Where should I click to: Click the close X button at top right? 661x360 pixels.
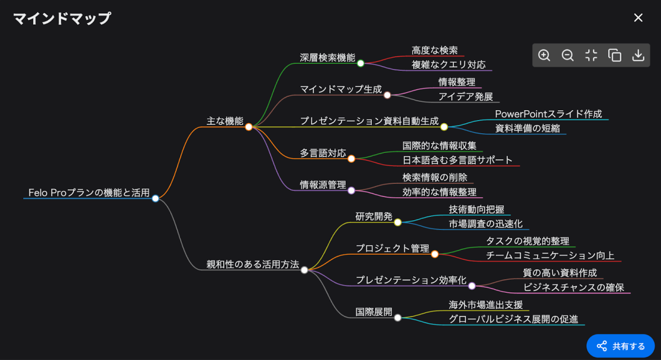tap(638, 18)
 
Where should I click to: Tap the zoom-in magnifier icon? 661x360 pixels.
tap(544, 55)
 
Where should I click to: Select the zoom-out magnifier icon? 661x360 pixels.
tap(567, 55)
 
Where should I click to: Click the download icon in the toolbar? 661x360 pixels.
tap(638, 55)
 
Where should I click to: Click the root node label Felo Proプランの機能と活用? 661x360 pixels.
tap(89, 193)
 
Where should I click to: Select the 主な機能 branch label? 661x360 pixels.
tap(225, 121)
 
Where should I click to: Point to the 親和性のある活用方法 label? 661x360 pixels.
tap(253, 264)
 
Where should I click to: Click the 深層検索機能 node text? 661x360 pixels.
tap(327, 58)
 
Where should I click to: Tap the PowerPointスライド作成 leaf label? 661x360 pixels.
tap(549, 114)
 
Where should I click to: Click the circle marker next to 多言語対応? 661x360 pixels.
tap(351, 159)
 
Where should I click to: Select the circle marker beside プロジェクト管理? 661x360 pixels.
tap(435, 254)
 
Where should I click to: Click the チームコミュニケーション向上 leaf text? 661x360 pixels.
tap(550, 255)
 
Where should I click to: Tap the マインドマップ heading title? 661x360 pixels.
tap(62, 19)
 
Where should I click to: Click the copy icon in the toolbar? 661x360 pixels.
tap(615, 55)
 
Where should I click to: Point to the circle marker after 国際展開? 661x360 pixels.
tap(398, 318)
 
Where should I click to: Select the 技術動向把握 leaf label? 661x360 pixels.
tap(476, 209)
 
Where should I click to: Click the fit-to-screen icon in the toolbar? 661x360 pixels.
tap(591, 55)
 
